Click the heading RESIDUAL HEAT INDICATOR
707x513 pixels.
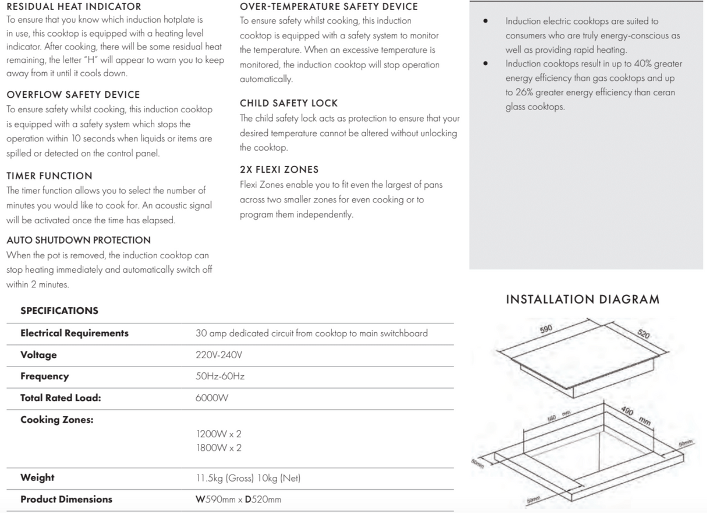[x=73, y=7]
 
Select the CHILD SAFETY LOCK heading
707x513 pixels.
[x=288, y=103]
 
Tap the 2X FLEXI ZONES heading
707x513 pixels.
[x=279, y=170]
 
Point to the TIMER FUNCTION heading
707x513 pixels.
[x=49, y=176]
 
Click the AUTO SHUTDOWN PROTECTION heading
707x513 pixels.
[x=78, y=240]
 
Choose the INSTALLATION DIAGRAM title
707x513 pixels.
[x=582, y=300]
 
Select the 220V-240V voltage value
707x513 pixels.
[x=219, y=355]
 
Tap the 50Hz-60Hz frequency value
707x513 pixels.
[x=220, y=376]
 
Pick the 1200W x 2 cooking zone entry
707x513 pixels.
[x=219, y=433]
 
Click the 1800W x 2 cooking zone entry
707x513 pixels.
[x=219, y=448]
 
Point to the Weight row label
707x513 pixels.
[x=37, y=478]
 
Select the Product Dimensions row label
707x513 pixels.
[x=66, y=499]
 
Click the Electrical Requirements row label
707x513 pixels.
[x=75, y=333]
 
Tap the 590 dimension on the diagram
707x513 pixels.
[x=546, y=329]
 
